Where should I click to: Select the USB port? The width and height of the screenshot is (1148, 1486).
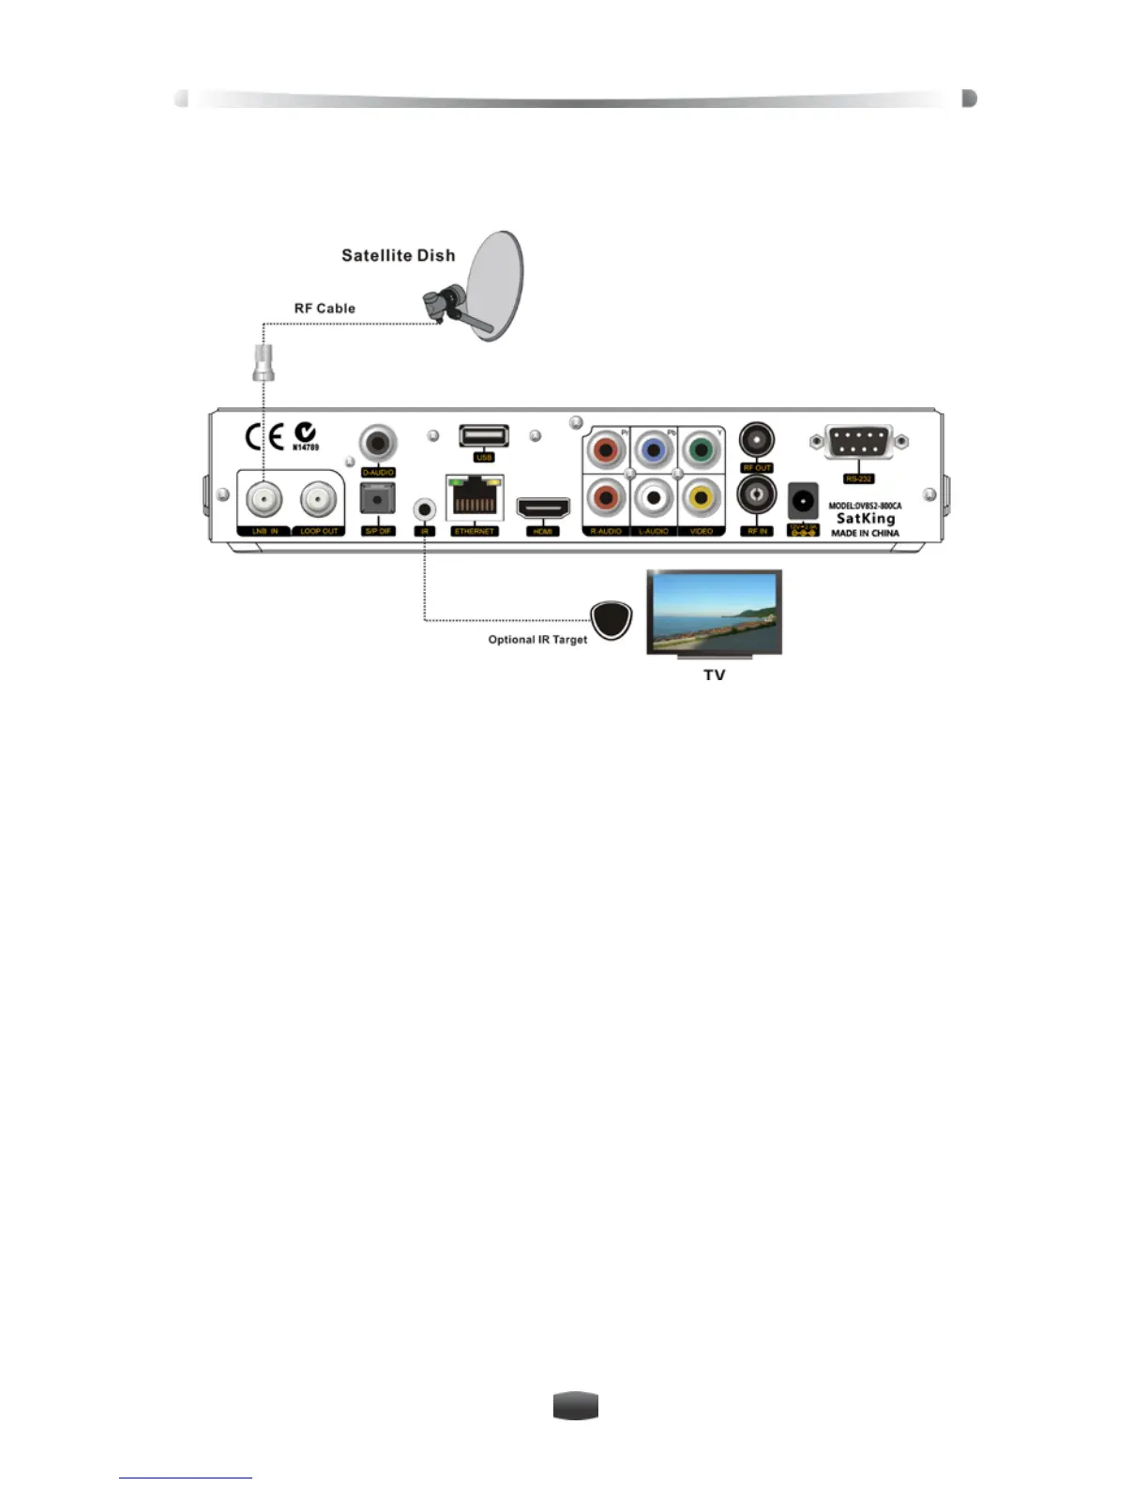(x=484, y=436)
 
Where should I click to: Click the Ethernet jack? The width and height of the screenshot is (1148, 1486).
(x=474, y=498)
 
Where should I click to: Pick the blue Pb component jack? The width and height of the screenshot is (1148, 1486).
(x=653, y=450)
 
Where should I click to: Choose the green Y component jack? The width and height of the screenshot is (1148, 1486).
(x=700, y=450)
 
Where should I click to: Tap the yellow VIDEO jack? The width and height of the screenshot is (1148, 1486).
(x=700, y=497)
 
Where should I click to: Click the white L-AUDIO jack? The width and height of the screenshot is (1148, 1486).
(x=653, y=497)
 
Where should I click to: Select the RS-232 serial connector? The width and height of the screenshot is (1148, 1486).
(x=858, y=442)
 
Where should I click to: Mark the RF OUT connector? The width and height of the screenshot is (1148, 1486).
(x=757, y=439)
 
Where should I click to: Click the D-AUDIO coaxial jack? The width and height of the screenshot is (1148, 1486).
(x=378, y=443)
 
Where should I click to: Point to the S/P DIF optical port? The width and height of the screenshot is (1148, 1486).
(x=377, y=499)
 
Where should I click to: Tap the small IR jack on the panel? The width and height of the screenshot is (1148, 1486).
(x=425, y=509)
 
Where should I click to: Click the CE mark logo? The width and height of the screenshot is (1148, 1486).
(x=264, y=437)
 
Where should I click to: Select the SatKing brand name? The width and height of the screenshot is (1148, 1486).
(x=865, y=518)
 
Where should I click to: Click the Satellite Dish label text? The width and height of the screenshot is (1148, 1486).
(x=398, y=255)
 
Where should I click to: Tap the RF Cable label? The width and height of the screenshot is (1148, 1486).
(x=325, y=308)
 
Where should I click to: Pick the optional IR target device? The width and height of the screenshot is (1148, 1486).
(x=612, y=620)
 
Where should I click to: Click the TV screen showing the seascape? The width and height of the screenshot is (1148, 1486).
(x=714, y=612)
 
